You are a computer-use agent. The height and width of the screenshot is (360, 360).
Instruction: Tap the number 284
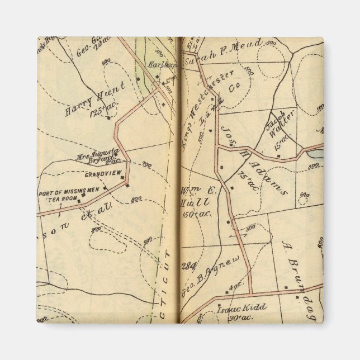tap(186, 266)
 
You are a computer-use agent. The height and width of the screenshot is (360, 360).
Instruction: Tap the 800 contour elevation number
tap(136, 200)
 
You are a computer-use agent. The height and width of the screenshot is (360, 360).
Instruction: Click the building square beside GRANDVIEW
tap(127, 185)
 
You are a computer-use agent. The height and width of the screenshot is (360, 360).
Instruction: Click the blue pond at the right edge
tap(315, 153)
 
